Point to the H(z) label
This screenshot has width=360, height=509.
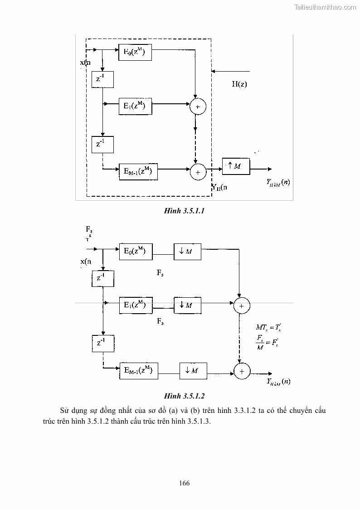[x=239, y=84]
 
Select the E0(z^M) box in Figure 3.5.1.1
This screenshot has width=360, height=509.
[x=135, y=52]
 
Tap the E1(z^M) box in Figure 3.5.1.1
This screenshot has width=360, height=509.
[x=135, y=106]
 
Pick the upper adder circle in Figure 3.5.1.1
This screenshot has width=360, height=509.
[x=198, y=107]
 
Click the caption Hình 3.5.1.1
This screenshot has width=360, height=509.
[x=184, y=211]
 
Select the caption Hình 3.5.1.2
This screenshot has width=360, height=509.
[x=184, y=396]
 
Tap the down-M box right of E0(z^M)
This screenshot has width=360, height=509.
[x=187, y=251]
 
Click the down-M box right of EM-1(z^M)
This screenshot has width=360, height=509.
[x=193, y=370]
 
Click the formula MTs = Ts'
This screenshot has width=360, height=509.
[x=271, y=327]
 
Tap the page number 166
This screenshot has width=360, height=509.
[x=184, y=483]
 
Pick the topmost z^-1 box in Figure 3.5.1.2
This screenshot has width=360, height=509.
[x=102, y=278]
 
